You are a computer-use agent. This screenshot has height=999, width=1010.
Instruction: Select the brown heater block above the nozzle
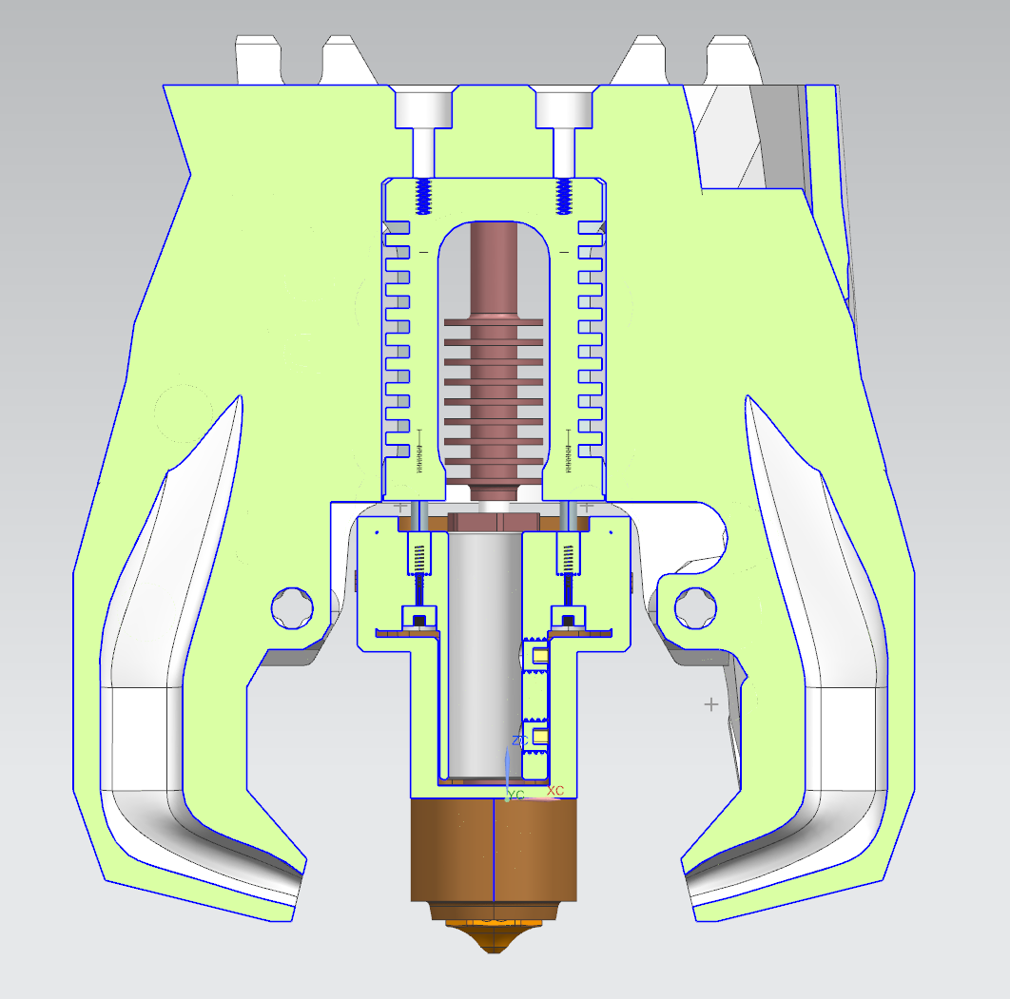495,851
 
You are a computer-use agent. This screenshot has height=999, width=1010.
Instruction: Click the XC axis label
555,791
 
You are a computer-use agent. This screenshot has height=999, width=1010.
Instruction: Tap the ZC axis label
519,740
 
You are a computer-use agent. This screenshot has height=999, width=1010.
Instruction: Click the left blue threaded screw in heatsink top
424,198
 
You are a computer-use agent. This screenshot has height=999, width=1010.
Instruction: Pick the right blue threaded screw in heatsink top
565,198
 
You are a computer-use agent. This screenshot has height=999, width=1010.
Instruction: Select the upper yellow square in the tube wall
540,655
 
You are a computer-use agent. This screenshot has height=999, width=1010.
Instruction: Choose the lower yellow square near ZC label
540,737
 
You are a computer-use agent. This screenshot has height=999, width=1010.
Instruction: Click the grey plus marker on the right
710,704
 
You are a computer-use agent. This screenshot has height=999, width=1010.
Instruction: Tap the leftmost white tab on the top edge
259,60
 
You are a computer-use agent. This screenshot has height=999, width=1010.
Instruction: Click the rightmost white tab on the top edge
731,60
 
